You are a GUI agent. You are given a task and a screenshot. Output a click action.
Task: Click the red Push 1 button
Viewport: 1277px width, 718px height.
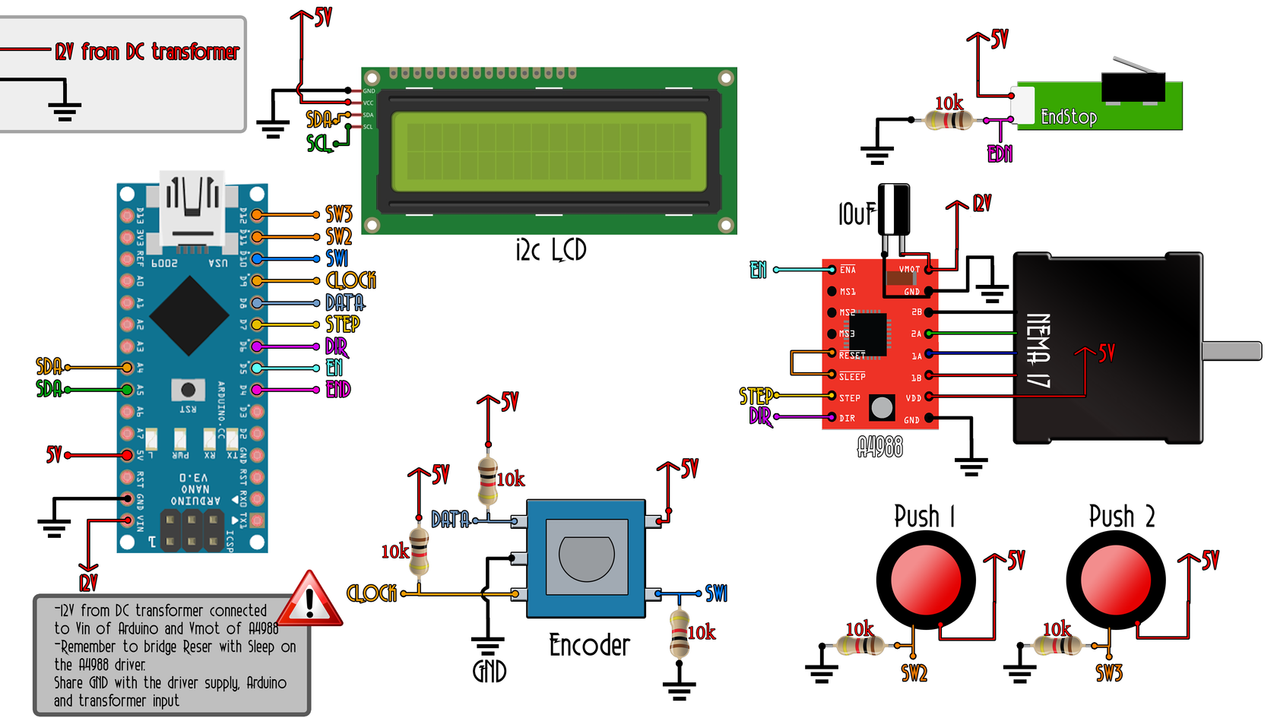pyautogui.click(x=925, y=579)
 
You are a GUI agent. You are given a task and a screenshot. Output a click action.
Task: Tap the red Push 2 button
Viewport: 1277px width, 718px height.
pyautogui.click(x=1115, y=579)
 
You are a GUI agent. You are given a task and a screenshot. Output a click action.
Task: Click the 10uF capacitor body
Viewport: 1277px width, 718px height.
pyautogui.click(x=894, y=210)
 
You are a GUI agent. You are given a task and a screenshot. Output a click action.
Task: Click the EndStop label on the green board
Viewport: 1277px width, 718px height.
pyautogui.click(x=1068, y=117)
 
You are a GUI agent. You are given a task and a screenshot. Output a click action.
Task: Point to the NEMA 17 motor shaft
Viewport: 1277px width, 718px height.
pyautogui.click(x=1231, y=350)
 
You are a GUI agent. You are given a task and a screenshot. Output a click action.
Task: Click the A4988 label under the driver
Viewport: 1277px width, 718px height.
pyautogui.click(x=879, y=448)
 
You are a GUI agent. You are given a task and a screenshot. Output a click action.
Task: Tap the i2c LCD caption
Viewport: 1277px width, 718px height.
pyautogui.click(x=550, y=250)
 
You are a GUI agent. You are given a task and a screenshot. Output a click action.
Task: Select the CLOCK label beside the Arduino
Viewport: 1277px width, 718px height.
pyautogui.click(x=350, y=280)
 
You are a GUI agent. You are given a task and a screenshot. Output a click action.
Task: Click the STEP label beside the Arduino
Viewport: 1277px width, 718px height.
pyautogui.click(x=342, y=324)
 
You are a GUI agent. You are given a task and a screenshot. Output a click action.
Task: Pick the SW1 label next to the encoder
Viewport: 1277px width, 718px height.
pyautogui.click(x=716, y=593)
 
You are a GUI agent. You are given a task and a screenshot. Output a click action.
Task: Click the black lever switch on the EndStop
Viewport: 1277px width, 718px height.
pyautogui.click(x=1133, y=85)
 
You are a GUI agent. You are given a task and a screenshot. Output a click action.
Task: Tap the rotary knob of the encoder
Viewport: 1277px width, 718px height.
pyautogui.click(x=586, y=557)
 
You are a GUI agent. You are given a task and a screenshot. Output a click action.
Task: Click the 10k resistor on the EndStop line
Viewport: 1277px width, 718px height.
pyautogui.click(x=949, y=120)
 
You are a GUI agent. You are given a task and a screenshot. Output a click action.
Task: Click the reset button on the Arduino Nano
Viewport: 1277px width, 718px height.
pyautogui.click(x=188, y=390)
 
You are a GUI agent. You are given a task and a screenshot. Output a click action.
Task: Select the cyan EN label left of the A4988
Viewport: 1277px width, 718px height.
pyautogui.click(x=758, y=270)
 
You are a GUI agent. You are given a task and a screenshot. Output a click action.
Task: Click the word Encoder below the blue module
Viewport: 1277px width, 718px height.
pyautogui.click(x=589, y=646)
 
